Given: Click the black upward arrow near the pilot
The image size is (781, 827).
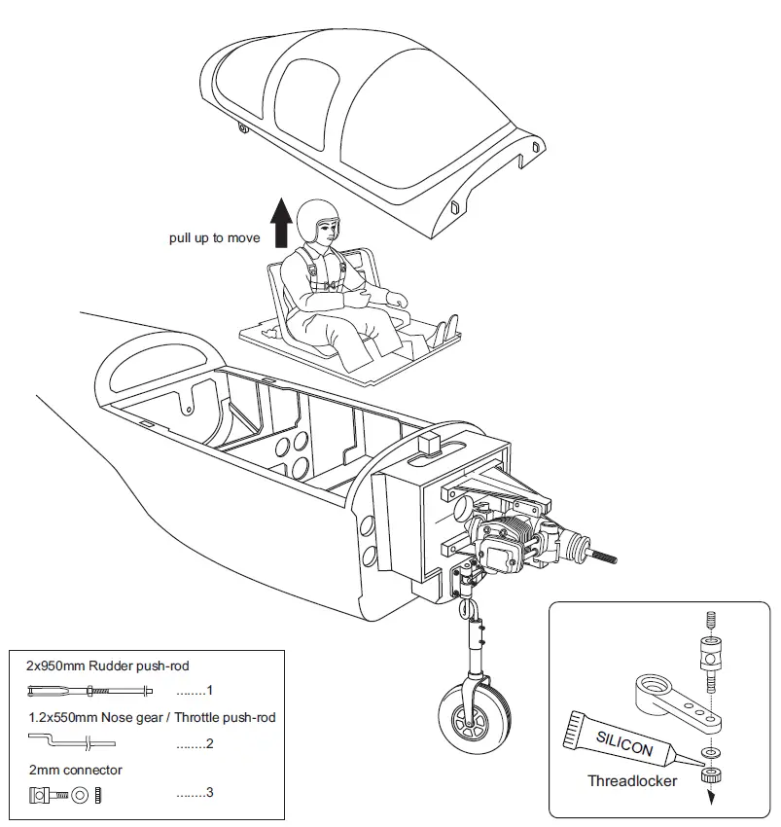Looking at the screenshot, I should (281, 223).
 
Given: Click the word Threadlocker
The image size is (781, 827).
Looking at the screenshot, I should (632, 780).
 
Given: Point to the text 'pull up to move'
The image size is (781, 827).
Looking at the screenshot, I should (215, 238).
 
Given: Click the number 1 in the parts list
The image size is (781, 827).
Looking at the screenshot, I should (208, 691).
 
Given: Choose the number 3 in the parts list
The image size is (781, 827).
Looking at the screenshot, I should (208, 793).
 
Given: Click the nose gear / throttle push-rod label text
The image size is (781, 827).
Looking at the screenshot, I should (151, 717).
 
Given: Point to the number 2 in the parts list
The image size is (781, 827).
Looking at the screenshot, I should (208, 743).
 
